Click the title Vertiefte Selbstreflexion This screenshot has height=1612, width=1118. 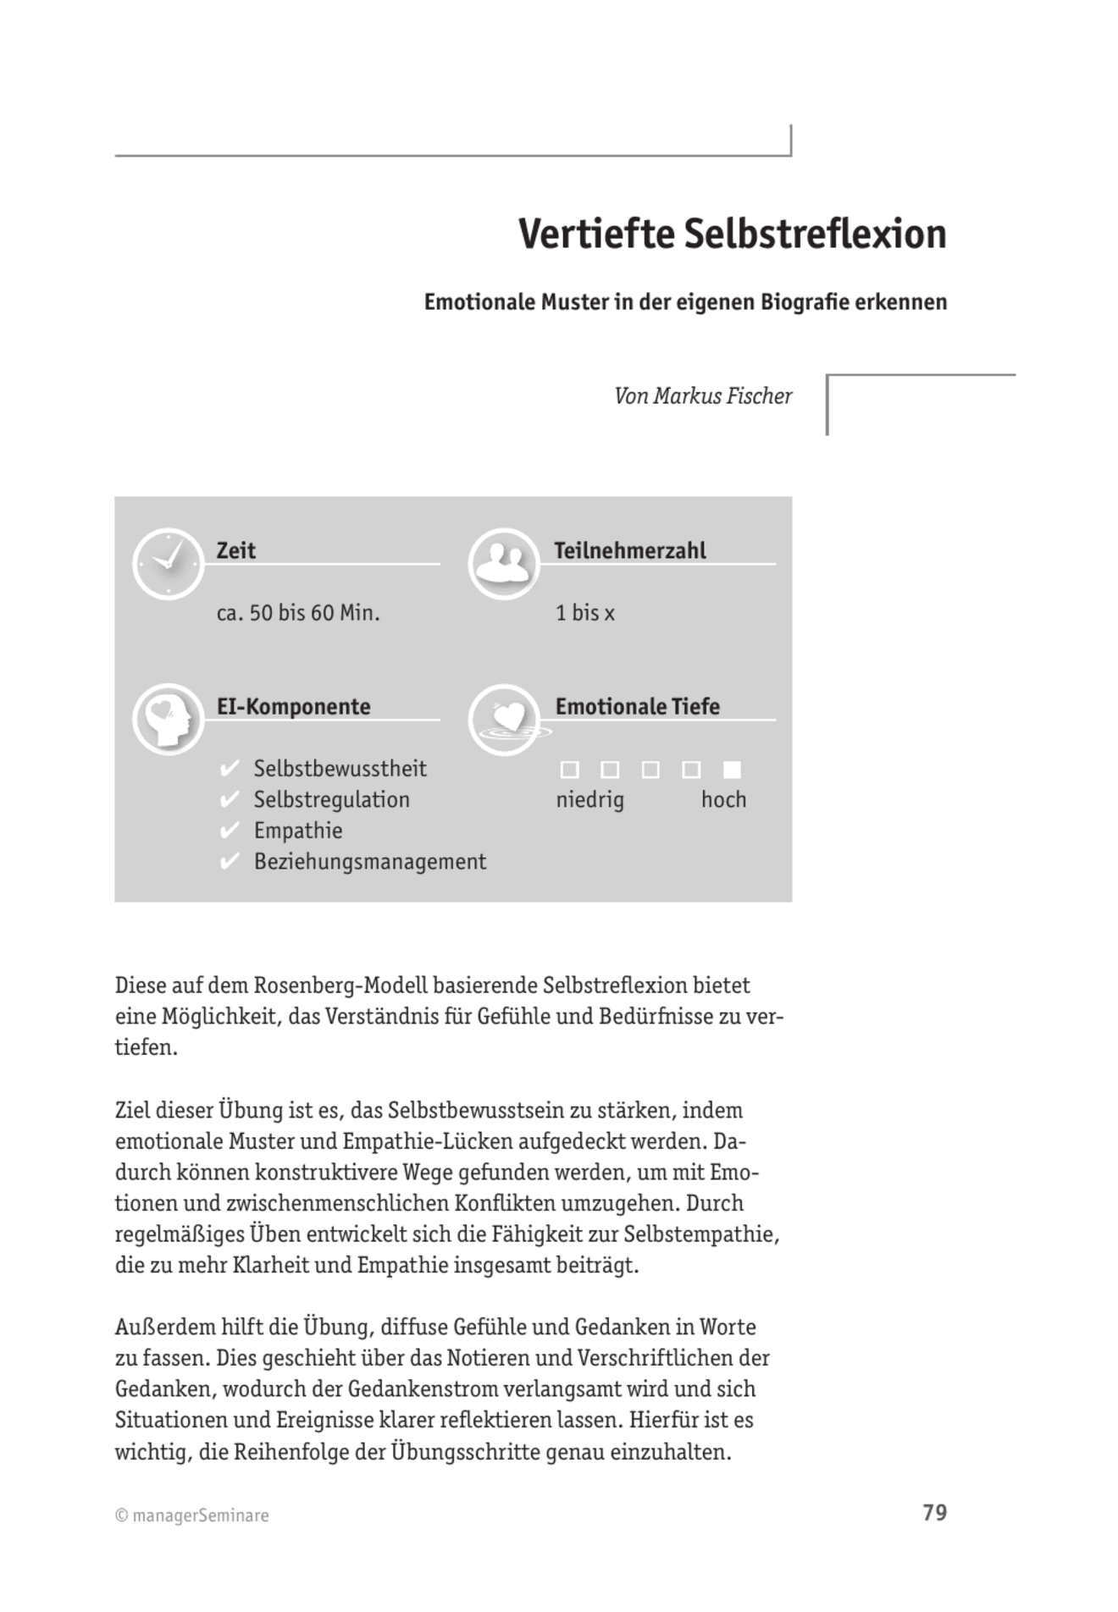[x=732, y=235]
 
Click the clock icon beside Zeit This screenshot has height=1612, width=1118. [x=168, y=564]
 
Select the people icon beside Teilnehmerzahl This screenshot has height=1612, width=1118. [x=504, y=564]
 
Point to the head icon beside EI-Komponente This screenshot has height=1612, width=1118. [x=168, y=720]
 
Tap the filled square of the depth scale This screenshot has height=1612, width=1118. [x=732, y=770]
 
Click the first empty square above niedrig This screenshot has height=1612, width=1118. [x=570, y=770]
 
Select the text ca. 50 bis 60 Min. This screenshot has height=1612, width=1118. [x=298, y=613]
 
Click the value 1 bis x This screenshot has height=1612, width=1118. [x=584, y=613]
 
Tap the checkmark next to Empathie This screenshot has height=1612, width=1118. [x=229, y=831]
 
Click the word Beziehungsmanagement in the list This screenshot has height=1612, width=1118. [x=370, y=862]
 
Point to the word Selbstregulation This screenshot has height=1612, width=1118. [x=331, y=800]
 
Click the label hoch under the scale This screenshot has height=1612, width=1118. [x=723, y=800]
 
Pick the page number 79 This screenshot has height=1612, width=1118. [x=934, y=1513]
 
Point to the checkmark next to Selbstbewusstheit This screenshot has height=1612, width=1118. [x=229, y=769]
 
